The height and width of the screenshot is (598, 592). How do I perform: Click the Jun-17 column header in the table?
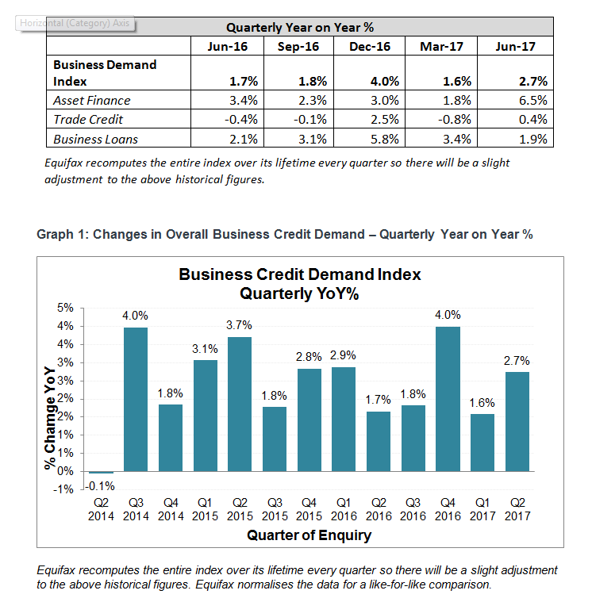515,47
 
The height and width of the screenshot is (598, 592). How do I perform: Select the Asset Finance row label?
91,100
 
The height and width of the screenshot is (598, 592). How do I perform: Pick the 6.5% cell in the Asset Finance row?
532,100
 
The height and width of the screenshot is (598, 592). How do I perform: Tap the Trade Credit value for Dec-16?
385,120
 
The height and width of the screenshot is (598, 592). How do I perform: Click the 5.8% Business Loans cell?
385,139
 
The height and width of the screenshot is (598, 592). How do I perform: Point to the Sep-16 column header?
298,47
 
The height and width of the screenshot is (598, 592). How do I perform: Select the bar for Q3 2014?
136,399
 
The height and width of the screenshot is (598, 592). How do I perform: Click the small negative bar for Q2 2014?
101,473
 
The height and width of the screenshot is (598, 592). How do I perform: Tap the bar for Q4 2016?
448,399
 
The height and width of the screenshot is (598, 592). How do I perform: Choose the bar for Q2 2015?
240,404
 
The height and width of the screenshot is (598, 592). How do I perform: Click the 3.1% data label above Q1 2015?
205,349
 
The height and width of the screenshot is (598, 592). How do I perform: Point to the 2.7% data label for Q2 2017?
517,360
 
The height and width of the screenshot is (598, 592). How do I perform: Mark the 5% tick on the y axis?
65,308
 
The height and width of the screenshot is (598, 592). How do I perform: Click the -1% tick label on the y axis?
63,489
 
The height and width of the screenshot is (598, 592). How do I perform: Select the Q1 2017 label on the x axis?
482,509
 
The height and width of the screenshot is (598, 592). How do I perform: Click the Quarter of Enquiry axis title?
309,535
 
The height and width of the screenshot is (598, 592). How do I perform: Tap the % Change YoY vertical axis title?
50,418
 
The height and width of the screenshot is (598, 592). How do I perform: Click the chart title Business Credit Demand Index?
300,274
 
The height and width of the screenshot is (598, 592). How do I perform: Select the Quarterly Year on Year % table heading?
300,28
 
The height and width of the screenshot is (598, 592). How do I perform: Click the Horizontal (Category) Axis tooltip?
75,23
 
